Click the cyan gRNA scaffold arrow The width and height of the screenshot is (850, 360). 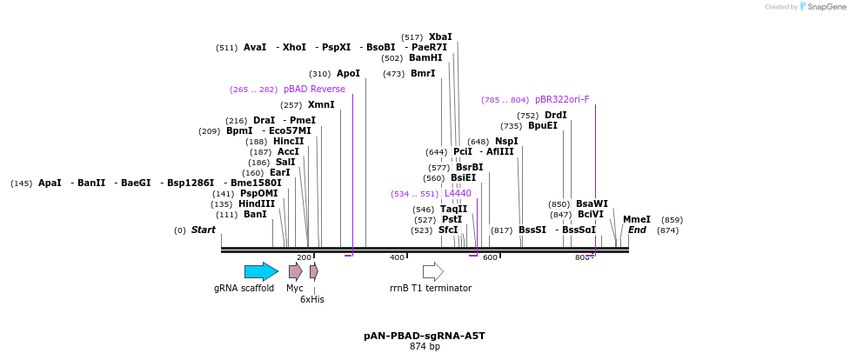(261, 271)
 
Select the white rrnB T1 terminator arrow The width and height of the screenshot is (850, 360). (432, 271)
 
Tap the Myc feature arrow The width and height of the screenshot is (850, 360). (295, 271)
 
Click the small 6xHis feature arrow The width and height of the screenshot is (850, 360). (313, 271)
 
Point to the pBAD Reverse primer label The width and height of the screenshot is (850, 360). (314, 89)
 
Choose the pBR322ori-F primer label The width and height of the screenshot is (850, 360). (562, 99)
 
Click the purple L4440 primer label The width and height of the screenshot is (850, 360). (458, 193)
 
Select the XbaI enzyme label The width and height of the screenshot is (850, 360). (440, 37)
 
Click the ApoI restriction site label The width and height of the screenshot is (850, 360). (348, 73)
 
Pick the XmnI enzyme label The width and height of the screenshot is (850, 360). (321, 104)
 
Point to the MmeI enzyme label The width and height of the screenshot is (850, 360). (636, 219)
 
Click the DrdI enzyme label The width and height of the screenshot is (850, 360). (555, 115)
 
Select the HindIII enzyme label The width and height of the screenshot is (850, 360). (258, 203)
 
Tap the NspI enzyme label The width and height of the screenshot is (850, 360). (506, 141)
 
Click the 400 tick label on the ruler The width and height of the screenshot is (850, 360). (397, 257)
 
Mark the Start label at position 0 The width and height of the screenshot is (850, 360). (203, 230)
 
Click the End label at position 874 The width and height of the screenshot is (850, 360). (637, 230)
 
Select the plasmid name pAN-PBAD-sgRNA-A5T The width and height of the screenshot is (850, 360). (425, 335)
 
